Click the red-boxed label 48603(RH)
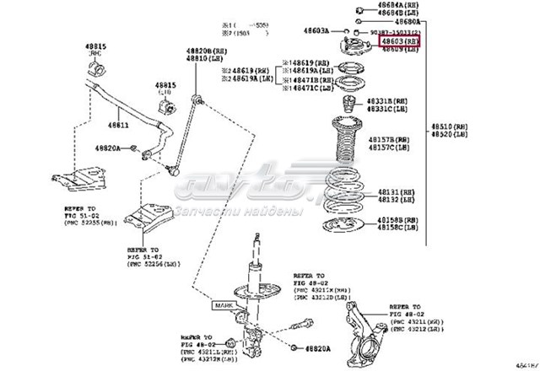[x=399, y=40]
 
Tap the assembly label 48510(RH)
[x=448, y=127]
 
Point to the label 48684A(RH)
[x=397, y=6]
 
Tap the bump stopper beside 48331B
[x=343, y=108]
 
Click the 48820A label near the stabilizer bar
[x=106, y=148]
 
